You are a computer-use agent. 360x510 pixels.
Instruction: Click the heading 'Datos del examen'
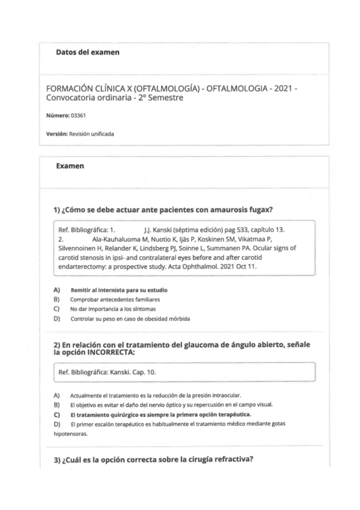coord(87,52)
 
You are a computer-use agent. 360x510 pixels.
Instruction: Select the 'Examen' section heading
coord(69,165)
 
